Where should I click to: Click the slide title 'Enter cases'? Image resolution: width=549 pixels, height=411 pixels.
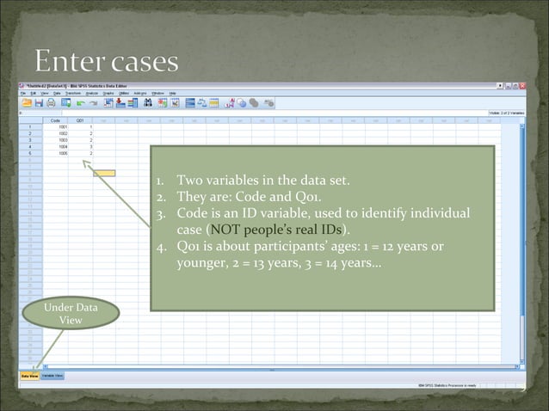pos(107,62)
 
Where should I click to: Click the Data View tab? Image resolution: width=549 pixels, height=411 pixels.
pos(29,376)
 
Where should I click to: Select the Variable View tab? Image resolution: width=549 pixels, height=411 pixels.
pos(52,376)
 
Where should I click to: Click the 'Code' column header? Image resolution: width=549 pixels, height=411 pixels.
pos(57,120)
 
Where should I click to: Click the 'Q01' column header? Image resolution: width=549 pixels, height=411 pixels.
pos(80,120)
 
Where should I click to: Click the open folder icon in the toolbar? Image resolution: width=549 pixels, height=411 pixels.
pos(27,101)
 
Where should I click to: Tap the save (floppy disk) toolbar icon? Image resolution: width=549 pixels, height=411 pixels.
pos(39,101)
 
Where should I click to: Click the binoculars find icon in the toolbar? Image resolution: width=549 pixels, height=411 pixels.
pos(148,101)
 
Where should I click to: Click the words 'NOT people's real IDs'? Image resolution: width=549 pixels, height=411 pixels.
pos(276,230)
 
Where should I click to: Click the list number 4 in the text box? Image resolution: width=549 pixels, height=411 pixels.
pos(161,246)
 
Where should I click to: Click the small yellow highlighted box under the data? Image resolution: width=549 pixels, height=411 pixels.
pos(103,173)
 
